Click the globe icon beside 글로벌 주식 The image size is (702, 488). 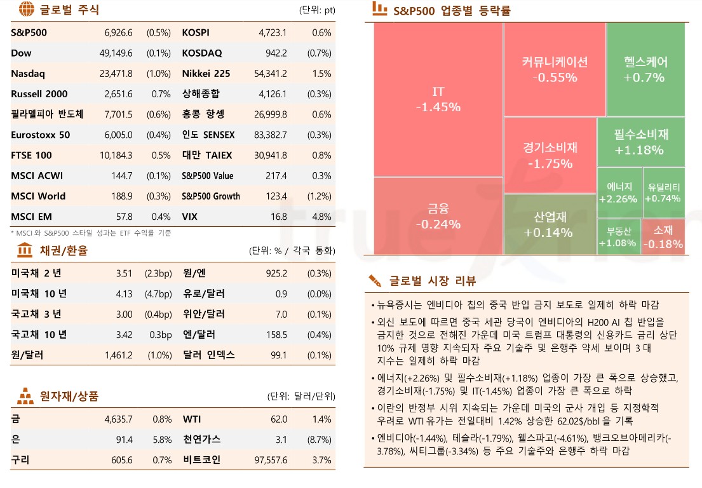tap(25, 10)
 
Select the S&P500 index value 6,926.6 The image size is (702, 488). tap(118, 33)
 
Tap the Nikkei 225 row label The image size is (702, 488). tap(206, 74)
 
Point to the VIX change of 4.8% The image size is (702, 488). tap(321, 217)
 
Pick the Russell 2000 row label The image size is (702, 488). tap(39, 94)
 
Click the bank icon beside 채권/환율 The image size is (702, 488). tap(25, 250)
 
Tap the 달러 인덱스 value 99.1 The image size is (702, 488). tap(278, 355)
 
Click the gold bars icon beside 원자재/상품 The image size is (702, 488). tap(25, 396)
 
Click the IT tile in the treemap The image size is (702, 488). tap(438, 99)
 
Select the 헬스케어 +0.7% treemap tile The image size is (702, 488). tap(645, 69)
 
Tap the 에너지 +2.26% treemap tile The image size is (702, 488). tap(619, 193)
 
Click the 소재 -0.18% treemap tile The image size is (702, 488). tap(663, 236)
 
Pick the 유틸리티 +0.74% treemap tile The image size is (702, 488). tap(663, 193)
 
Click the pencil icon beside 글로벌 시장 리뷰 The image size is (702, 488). tap(375, 280)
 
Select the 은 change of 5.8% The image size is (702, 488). tap(162, 440)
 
